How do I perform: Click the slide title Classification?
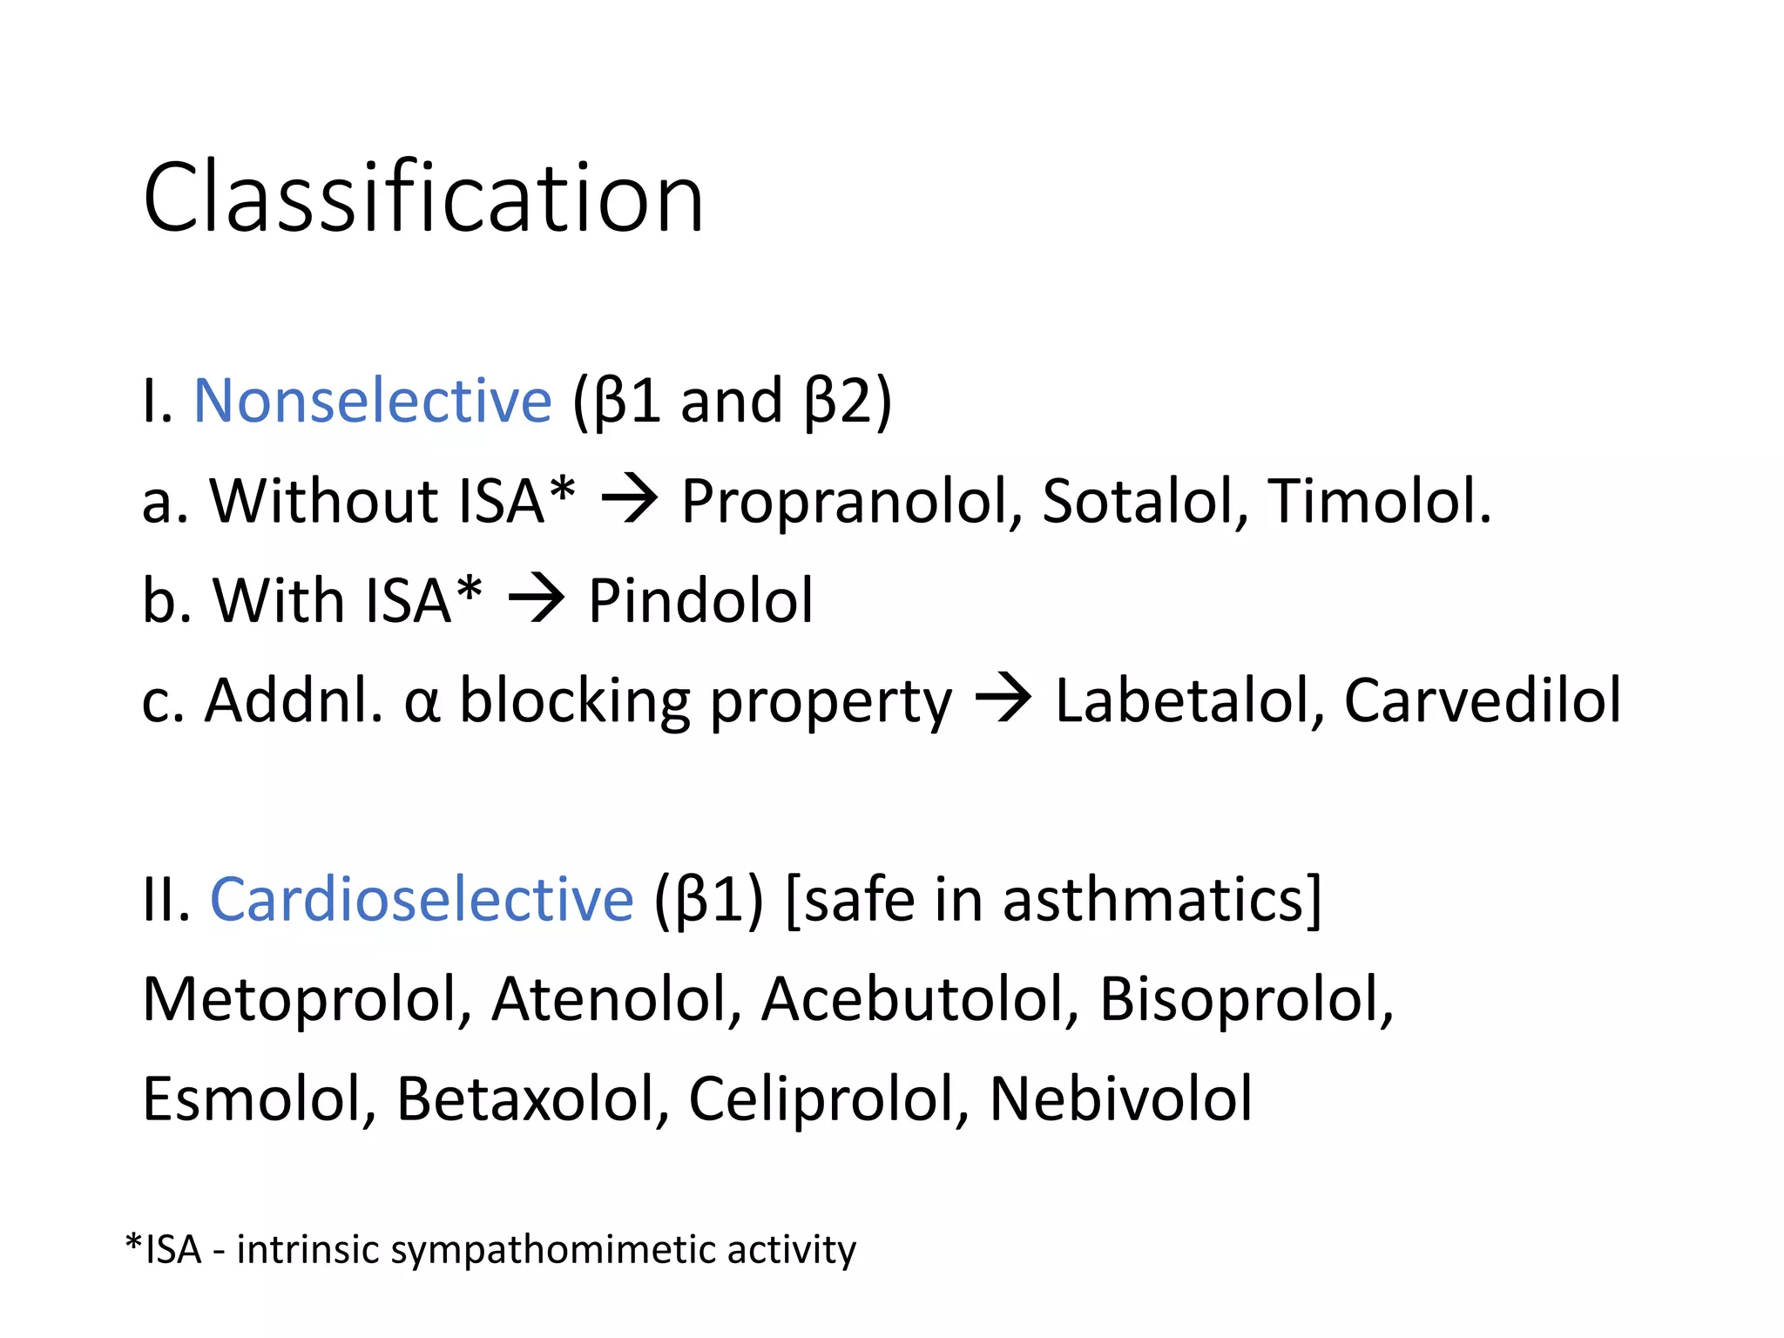423,199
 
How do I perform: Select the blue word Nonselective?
372,402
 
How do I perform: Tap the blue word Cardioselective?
422,899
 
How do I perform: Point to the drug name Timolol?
1378,503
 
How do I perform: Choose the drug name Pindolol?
700,601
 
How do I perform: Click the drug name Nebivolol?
1121,1099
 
